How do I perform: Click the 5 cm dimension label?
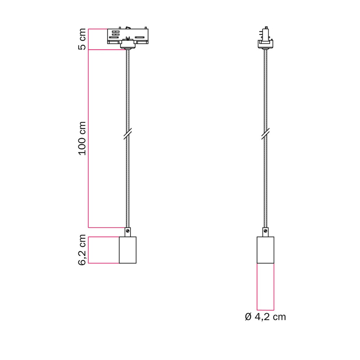click(x=82, y=39)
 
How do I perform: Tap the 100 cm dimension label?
click(x=82, y=139)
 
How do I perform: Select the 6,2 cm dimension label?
click(x=82, y=250)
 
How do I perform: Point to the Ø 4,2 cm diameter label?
click(x=265, y=317)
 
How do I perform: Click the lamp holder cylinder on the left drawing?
click(x=128, y=250)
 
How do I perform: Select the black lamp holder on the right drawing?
click(x=265, y=250)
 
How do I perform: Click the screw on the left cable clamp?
click(x=128, y=231)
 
